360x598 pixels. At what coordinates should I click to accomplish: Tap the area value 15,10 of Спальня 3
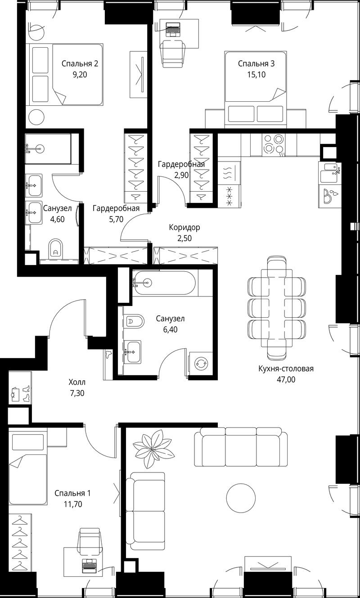(256, 75)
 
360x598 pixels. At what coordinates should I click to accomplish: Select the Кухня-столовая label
(286, 369)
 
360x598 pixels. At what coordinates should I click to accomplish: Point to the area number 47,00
(286, 380)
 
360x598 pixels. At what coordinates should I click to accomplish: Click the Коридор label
(184, 227)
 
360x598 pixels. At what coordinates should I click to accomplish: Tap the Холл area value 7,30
(77, 393)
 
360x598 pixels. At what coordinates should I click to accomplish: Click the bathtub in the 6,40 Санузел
(165, 283)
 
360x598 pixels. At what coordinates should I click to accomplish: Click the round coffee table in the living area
(241, 498)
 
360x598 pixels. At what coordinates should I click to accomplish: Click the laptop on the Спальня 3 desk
(173, 29)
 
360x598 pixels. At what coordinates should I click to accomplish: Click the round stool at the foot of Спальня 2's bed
(36, 117)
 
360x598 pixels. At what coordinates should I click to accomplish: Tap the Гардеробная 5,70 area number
(116, 219)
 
